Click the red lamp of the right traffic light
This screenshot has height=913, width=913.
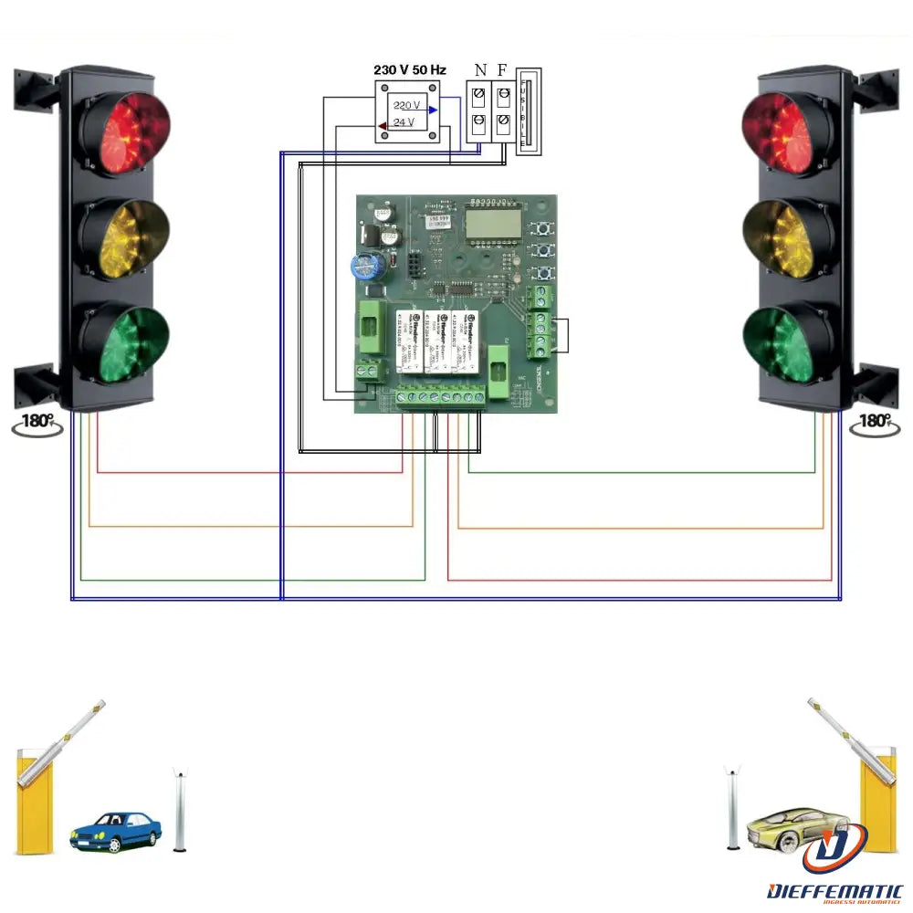tap(788, 132)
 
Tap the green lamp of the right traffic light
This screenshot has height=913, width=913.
tap(788, 343)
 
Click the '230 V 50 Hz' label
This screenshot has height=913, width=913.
tap(409, 70)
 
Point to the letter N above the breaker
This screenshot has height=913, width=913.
tap(480, 70)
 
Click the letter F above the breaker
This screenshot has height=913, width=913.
tap(502, 70)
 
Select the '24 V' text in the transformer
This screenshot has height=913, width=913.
tap(404, 121)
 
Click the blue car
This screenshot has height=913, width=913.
tap(116, 830)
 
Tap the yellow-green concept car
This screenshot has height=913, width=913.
tap(792, 825)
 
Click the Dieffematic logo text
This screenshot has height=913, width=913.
tap(835, 890)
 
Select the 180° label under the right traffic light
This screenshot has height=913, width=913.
tap(875, 421)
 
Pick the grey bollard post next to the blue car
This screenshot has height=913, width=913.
tap(180, 811)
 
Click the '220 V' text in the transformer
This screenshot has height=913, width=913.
tap(405, 105)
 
